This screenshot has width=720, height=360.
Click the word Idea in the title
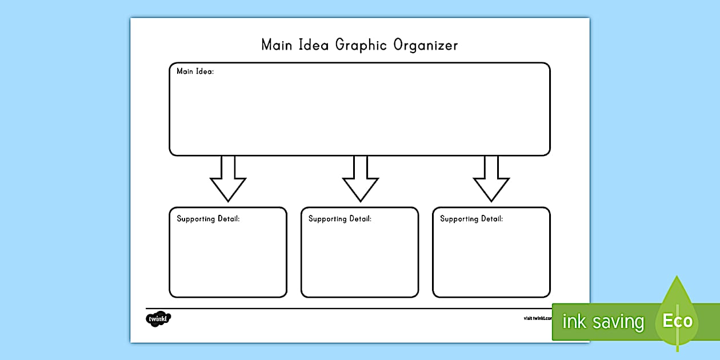tap(314, 45)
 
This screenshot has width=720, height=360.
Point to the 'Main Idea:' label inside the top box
tap(195, 71)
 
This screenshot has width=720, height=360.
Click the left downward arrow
tap(228, 180)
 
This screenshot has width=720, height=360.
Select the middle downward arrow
tap(360, 180)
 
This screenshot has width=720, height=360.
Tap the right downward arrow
tap(491, 180)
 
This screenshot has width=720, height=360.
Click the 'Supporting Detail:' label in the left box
tap(208, 219)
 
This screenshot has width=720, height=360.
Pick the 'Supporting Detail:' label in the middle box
tap(340, 219)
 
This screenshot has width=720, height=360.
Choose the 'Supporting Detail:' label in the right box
tap(471, 219)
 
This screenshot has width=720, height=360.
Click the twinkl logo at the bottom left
tap(158, 318)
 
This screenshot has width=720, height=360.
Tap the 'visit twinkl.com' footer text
tap(537, 318)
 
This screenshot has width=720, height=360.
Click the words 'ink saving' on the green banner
tap(603, 322)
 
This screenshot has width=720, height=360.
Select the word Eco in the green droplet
tap(677, 321)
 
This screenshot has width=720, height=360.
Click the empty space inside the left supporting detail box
tap(228, 260)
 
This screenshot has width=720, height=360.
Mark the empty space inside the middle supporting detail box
tap(360, 260)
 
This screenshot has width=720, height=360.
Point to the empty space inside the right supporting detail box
tap(491, 260)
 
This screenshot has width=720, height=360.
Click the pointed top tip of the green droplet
tap(678, 277)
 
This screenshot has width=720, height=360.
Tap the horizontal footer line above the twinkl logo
tap(343, 309)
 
